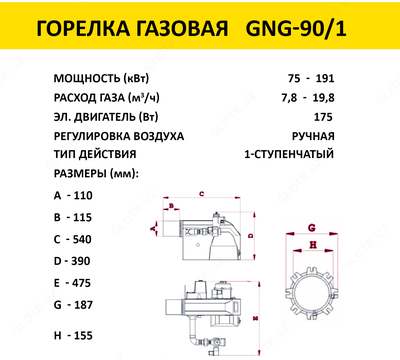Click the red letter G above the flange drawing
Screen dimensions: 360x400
(x=313, y=226)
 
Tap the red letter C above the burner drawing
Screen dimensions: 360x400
(x=201, y=192)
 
